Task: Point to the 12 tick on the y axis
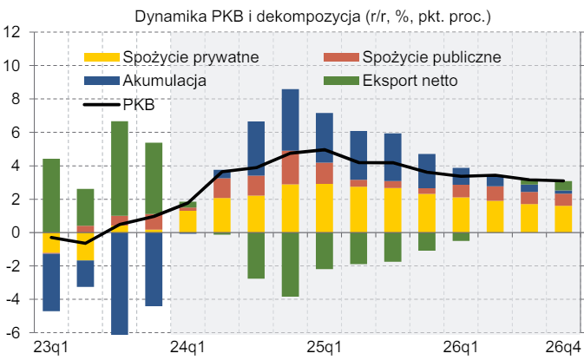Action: click(14, 32)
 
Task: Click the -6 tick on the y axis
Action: click(14, 333)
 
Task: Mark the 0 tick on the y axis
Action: click(16, 232)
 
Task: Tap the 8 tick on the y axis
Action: click(16, 99)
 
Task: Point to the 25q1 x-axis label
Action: click(325, 348)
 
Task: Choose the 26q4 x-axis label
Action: click(563, 348)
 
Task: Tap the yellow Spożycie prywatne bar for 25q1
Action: click(325, 208)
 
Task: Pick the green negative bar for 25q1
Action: click(325, 251)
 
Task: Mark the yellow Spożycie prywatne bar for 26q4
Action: click(563, 219)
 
